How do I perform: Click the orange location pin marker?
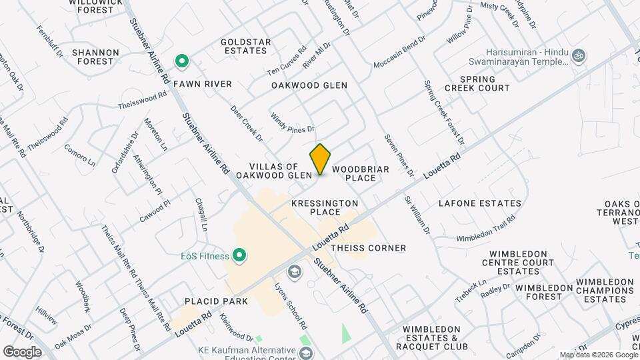(321, 159)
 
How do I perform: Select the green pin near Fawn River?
(181, 62)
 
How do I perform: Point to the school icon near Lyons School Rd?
(293, 272)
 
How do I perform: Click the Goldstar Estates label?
(246, 46)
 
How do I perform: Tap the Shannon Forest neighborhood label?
(95, 57)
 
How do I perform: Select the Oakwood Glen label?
(309, 85)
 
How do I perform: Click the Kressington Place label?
(325, 207)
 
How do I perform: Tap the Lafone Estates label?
(480, 203)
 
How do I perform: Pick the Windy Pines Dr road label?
(292, 122)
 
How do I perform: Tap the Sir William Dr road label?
(418, 215)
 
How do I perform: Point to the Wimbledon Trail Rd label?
(486, 228)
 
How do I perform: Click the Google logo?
(22, 351)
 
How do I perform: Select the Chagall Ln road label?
(201, 214)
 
